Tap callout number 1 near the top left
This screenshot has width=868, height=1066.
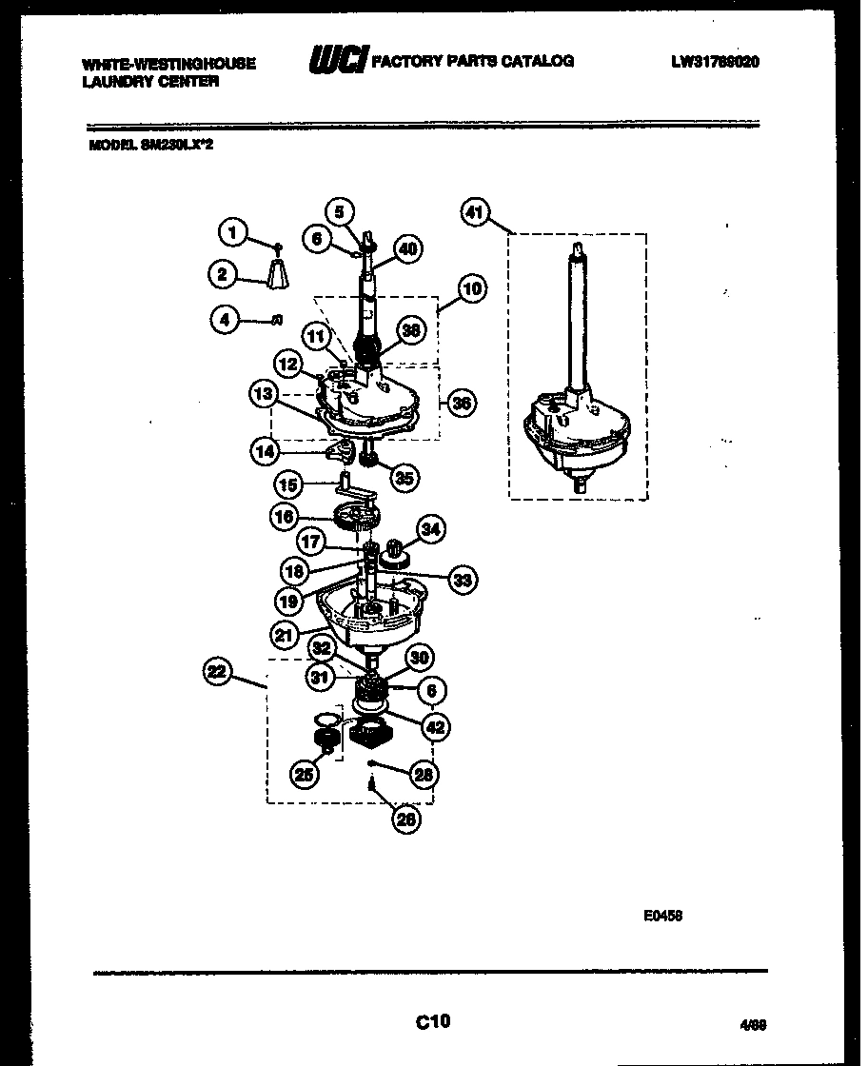pyautogui.click(x=230, y=230)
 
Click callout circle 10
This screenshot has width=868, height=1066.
pyautogui.click(x=470, y=287)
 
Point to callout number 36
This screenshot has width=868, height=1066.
pyautogui.click(x=462, y=403)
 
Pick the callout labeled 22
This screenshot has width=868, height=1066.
pyautogui.click(x=219, y=673)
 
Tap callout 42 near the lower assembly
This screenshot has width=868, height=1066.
pyautogui.click(x=435, y=727)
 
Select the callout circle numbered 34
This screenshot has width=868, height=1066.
pyautogui.click(x=431, y=529)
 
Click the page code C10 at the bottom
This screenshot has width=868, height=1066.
pyautogui.click(x=433, y=1023)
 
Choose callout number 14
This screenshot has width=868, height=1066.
pyautogui.click(x=266, y=451)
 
